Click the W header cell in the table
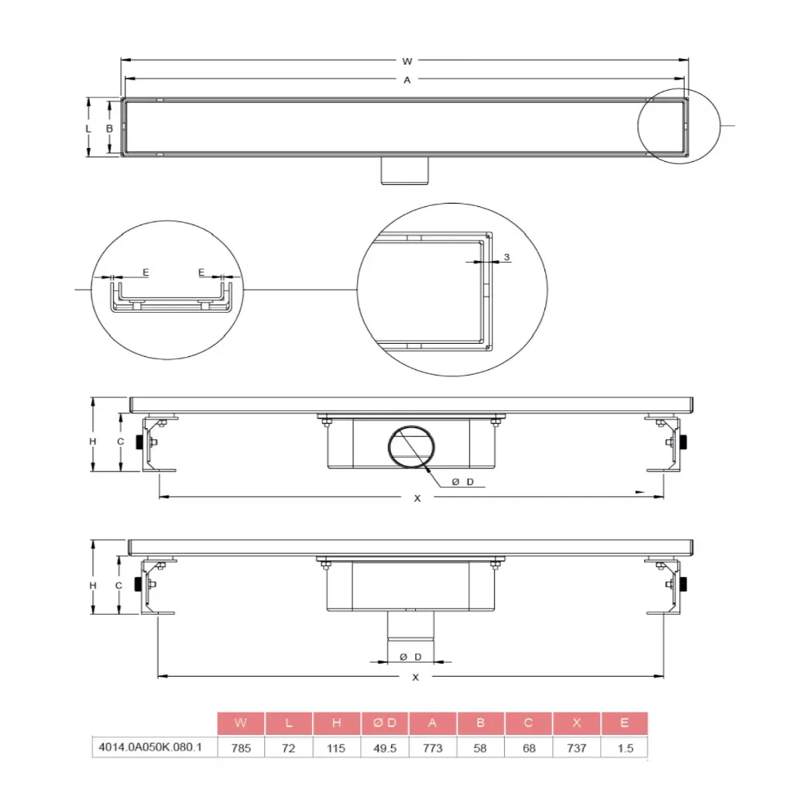pyautogui.click(x=241, y=723)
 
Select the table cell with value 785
pyautogui.click(x=241, y=748)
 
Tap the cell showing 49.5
pyautogui.click(x=385, y=748)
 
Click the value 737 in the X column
pyautogui.click(x=576, y=748)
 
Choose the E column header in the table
pyautogui.click(x=624, y=723)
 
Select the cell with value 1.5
pyautogui.click(x=624, y=748)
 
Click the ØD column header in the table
pyautogui.click(x=385, y=723)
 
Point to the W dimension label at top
pyautogui.click(x=407, y=61)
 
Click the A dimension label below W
pyautogui.click(x=407, y=80)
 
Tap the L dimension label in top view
pyautogui.click(x=89, y=128)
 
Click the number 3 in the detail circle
pyautogui.click(x=506, y=256)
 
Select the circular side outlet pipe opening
pyautogui.click(x=411, y=447)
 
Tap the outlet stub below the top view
pyautogui.click(x=403, y=170)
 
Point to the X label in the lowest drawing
pyautogui.click(x=416, y=677)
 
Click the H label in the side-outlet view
pyautogui.click(x=92, y=441)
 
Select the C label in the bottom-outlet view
pyautogui.click(x=118, y=586)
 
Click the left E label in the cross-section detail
pyautogui.click(x=146, y=273)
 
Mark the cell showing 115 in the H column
pyautogui.click(x=337, y=748)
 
